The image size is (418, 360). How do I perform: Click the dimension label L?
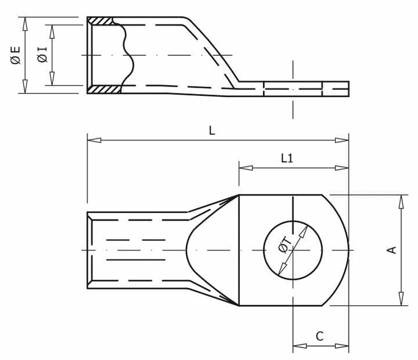click(x=212, y=131)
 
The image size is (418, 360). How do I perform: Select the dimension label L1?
click(x=287, y=158)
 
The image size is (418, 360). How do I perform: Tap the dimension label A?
click(x=392, y=250)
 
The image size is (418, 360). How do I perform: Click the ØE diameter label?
click(x=16, y=55)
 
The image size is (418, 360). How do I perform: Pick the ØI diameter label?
click(x=42, y=55)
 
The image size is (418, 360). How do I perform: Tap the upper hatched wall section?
click(x=100, y=21)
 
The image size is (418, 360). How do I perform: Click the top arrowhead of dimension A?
click(x=401, y=200)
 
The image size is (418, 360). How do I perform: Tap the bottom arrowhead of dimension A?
click(x=401, y=300)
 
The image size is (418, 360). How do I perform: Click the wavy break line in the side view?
click(x=129, y=55)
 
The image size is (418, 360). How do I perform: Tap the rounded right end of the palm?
click(x=347, y=250)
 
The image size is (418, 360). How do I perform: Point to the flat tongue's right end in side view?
click(x=348, y=88)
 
